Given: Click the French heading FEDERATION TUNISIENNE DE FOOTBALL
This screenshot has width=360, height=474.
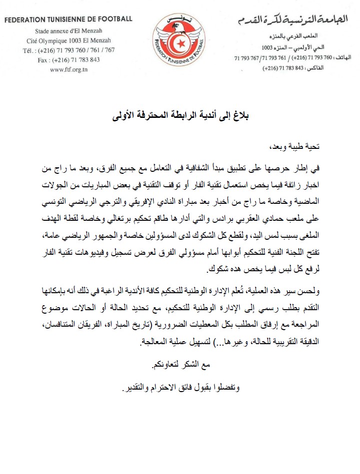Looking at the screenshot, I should [x=69, y=19].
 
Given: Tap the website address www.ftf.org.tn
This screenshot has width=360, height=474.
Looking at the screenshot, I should [x=69, y=69].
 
